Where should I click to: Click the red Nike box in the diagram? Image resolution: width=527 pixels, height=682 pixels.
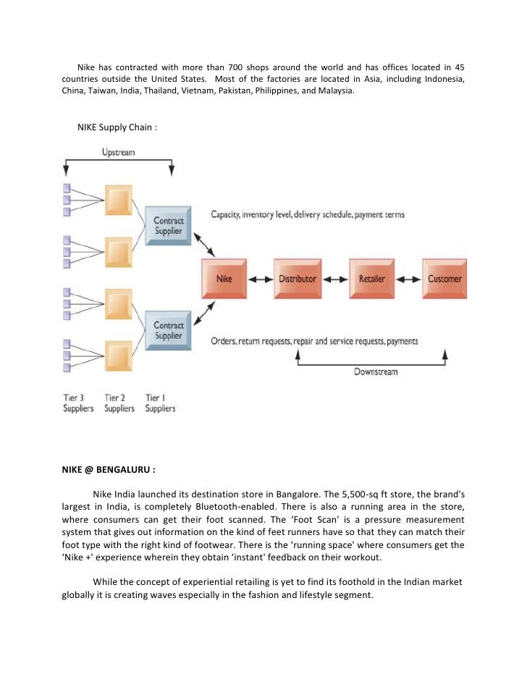[225, 278]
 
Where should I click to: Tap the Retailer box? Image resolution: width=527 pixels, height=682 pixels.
[371, 278]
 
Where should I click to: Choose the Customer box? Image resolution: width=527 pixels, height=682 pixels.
[444, 278]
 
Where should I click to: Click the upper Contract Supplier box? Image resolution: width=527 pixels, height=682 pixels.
[169, 224]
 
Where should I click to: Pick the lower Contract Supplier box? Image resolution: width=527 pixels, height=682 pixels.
[169, 330]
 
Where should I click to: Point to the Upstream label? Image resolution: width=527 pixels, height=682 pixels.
[118, 153]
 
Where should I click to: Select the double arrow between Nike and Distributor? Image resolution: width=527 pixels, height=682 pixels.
[261, 279]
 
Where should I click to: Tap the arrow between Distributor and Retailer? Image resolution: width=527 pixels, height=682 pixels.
[334, 279]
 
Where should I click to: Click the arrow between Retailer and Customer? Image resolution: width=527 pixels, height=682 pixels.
[408, 279]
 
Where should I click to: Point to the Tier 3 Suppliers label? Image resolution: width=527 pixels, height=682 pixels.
[78, 403]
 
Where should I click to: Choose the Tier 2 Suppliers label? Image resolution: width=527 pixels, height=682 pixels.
[119, 403]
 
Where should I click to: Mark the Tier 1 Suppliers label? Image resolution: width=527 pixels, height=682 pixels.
[160, 403]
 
